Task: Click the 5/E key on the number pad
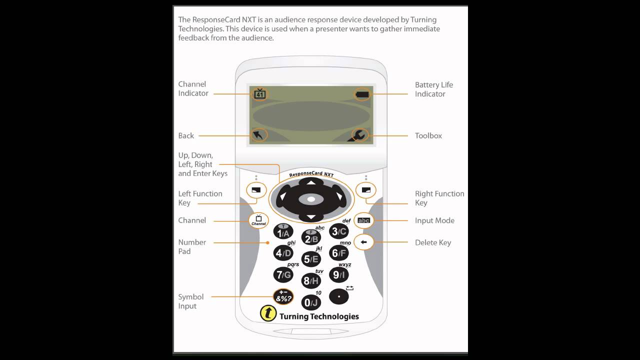click(311, 259)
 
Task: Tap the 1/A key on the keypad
click(283, 232)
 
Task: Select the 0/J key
click(311, 302)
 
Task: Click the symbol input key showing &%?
click(283, 297)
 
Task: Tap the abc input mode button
click(363, 220)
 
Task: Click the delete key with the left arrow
click(363, 242)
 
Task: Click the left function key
click(256, 190)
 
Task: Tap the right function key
click(366, 190)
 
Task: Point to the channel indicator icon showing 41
click(259, 93)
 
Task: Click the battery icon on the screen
click(362, 94)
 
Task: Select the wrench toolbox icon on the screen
click(359, 135)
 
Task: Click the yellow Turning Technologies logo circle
click(268, 313)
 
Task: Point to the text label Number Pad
click(192, 246)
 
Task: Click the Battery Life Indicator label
click(433, 89)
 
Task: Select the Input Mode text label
click(434, 220)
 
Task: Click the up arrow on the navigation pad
click(311, 182)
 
